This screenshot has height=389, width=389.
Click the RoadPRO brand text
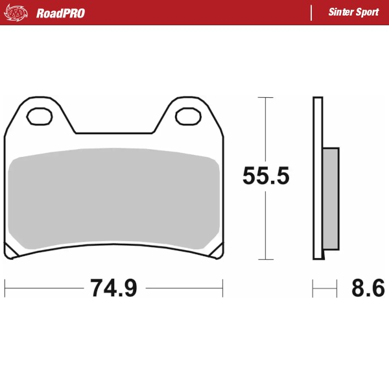point(60,13)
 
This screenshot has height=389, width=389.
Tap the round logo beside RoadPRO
point(16,12)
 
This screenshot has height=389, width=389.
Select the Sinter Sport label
point(353,13)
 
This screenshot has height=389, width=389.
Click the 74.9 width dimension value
point(113,288)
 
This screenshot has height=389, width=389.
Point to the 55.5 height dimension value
point(266,176)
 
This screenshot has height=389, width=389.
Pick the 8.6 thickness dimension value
point(368,288)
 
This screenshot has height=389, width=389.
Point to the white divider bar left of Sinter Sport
point(311,13)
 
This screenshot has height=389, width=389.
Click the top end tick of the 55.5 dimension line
point(266,97)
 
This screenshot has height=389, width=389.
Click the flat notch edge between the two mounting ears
point(115,134)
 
